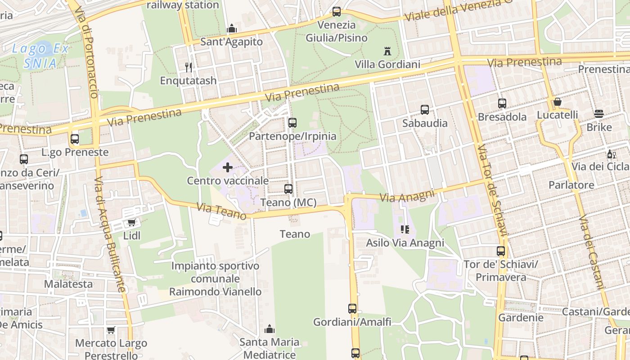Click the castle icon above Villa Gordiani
tap(387, 51)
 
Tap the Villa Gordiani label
tap(387, 64)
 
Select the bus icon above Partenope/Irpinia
tap(292, 122)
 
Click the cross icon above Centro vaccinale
tap(228, 168)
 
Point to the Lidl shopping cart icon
tap(131, 222)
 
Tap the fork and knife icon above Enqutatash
tap(189, 67)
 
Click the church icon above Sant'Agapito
tap(232, 29)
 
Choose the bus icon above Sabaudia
tap(425, 110)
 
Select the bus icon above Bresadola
tap(502, 103)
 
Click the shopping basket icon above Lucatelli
tap(558, 102)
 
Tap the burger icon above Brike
tap(598, 114)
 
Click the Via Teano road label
tap(221, 211)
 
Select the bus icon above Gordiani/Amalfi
tap(352, 309)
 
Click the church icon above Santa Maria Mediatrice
tap(270, 329)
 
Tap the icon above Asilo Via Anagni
tap(405, 230)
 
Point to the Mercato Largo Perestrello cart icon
tap(111, 330)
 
